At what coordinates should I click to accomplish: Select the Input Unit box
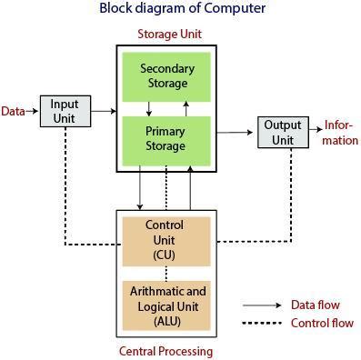click(x=65, y=111)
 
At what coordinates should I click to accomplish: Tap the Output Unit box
click(x=283, y=132)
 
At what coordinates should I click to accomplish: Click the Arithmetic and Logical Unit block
click(x=165, y=305)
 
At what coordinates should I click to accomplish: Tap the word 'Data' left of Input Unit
click(x=13, y=111)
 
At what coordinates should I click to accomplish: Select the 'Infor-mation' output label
click(x=341, y=133)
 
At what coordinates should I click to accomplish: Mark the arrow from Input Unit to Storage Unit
click(x=103, y=111)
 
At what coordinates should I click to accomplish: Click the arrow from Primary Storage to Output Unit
click(x=235, y=132)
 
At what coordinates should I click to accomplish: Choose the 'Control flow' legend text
click(x=321, y=324)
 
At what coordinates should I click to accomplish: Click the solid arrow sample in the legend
click(x=262, y=305)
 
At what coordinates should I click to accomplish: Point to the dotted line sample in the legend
click(x=262, y=324)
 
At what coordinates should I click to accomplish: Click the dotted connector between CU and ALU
click(x=165, y=272)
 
